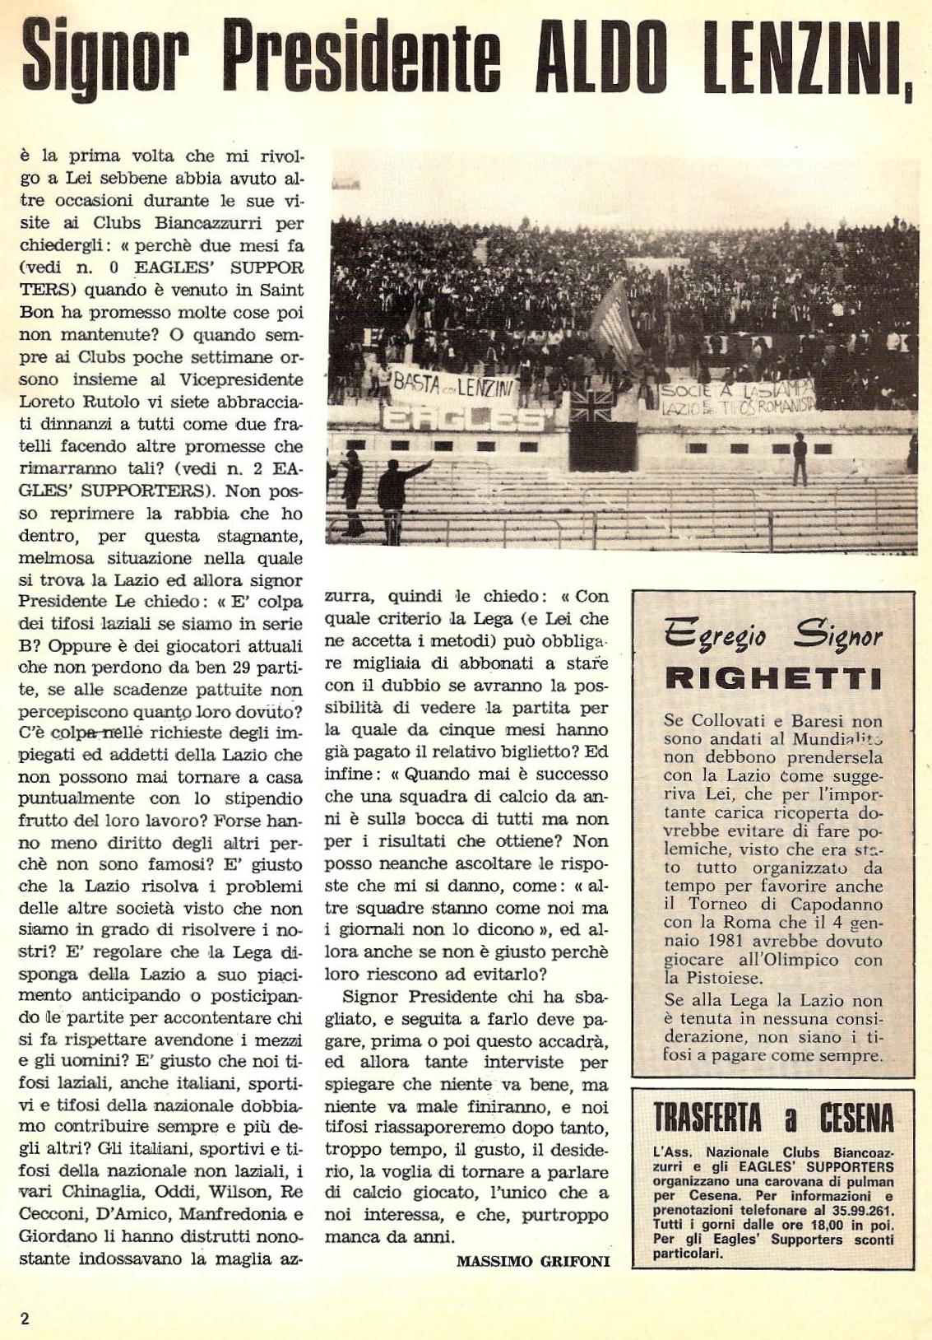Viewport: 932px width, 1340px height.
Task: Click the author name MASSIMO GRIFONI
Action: (532, 1259)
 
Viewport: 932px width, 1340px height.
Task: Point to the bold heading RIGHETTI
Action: (772, 678)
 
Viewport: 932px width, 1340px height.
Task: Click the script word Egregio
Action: (716, 636)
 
